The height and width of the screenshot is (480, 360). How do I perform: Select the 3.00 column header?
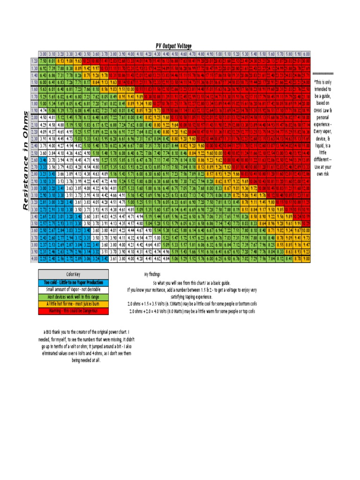tap(43, 54)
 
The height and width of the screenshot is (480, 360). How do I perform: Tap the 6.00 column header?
tap(307, 54)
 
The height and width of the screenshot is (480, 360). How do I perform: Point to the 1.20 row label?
tap(34, 61)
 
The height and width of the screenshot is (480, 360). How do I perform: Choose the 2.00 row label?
tap(34, 117)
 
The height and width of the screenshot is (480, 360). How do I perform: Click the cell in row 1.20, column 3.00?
tap(43, 61)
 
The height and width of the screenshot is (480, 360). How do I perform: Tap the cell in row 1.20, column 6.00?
tap(307, 61)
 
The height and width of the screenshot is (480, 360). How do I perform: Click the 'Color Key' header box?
tap(74, 274)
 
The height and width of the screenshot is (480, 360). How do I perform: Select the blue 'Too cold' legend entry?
tap(74, 282)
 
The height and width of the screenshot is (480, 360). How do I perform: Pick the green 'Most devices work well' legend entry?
tap(74, 297)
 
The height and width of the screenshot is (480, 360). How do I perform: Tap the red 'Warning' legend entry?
tap(74, 311)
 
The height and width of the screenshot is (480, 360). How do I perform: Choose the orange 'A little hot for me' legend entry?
tap(74, 304)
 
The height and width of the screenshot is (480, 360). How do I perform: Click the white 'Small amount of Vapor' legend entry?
tap(74, 290)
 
